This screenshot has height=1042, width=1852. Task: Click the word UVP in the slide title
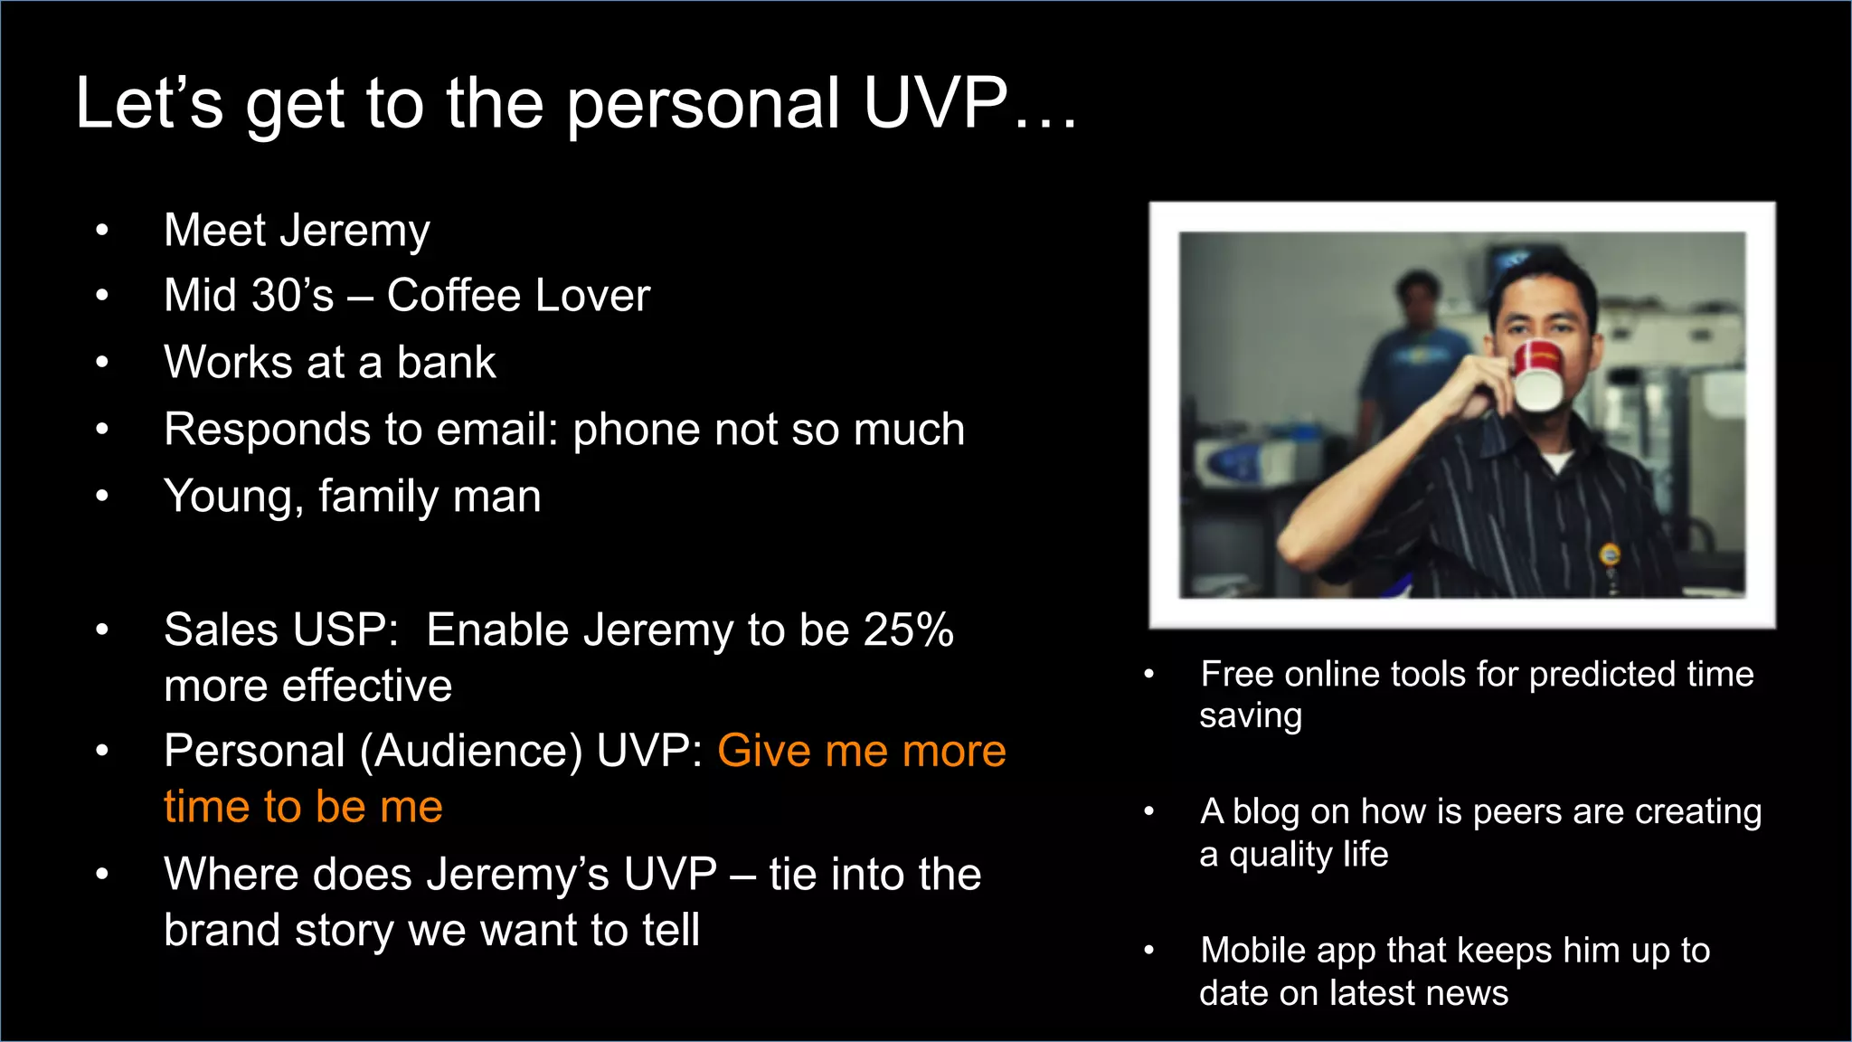[x=935, y=103]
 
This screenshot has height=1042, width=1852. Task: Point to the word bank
[x=446, y=363]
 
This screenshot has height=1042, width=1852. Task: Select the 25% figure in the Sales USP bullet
[x=908, y=630]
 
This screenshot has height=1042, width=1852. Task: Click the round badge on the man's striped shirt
[x=1610, y=554]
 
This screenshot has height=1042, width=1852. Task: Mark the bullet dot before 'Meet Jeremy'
[x=102, y=231]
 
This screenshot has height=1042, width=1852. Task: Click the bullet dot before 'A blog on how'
[x=1148, y=811]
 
